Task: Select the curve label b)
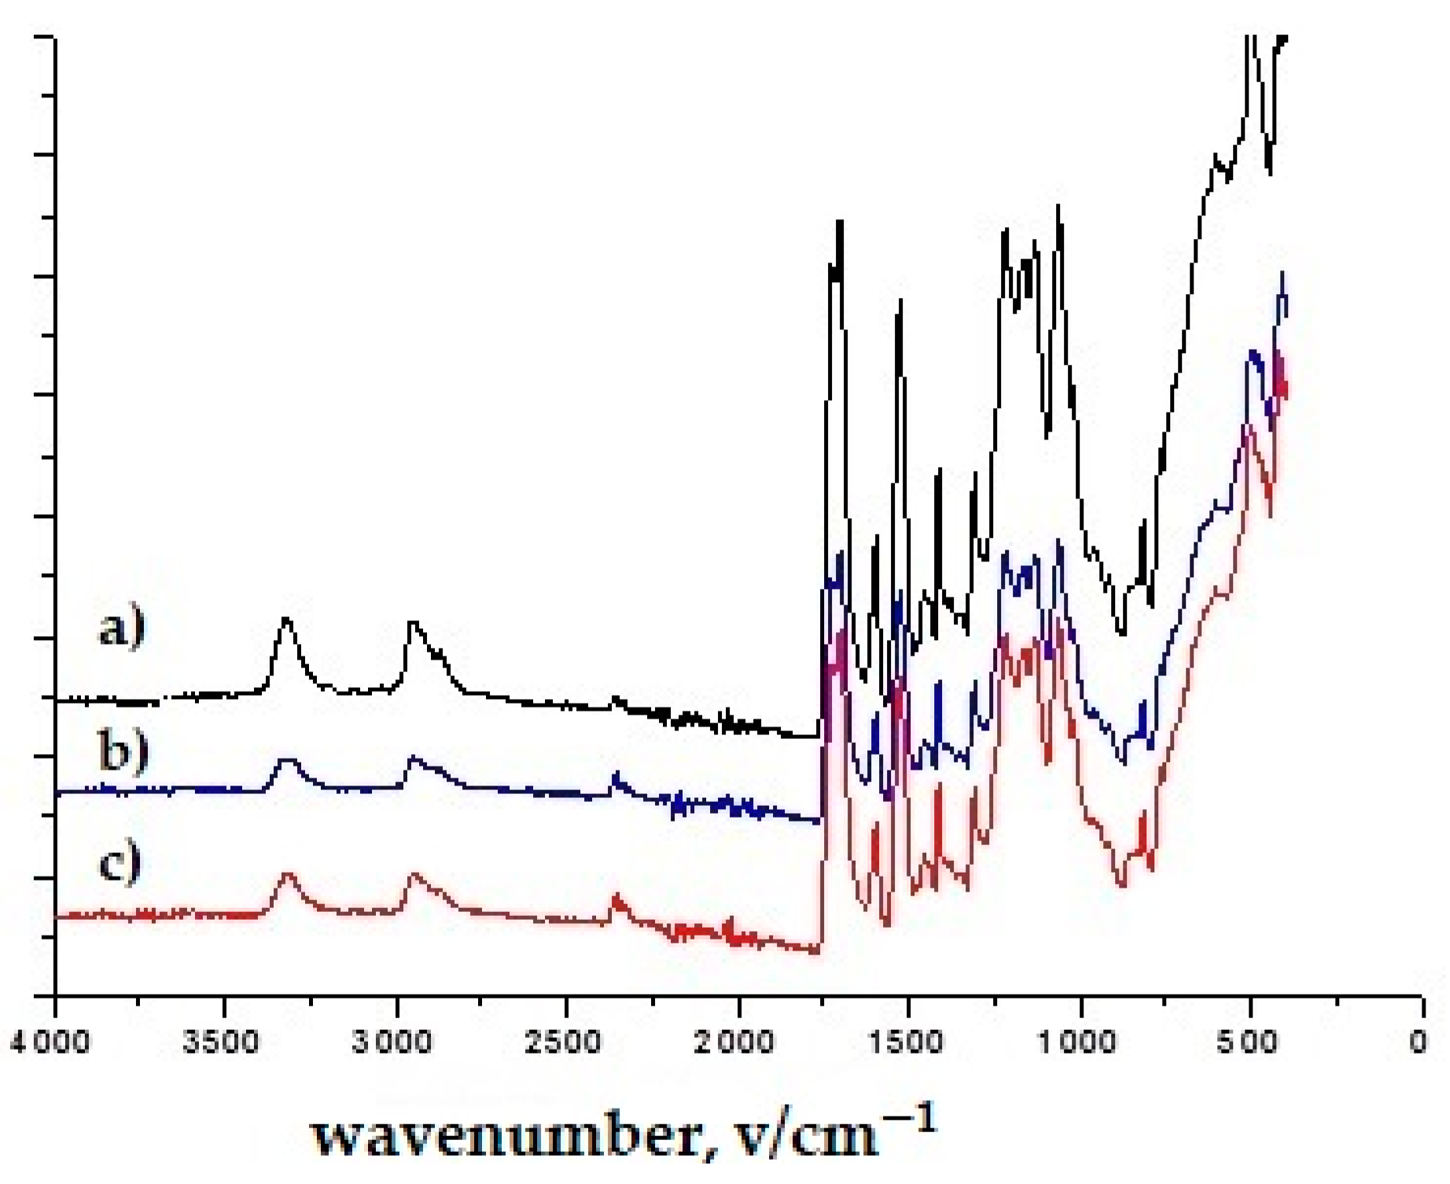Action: tap(123, 751)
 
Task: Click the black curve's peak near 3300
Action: tap(286, 620)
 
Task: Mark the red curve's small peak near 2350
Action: tap(616, 896)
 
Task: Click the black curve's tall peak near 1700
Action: tap(840, 223)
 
